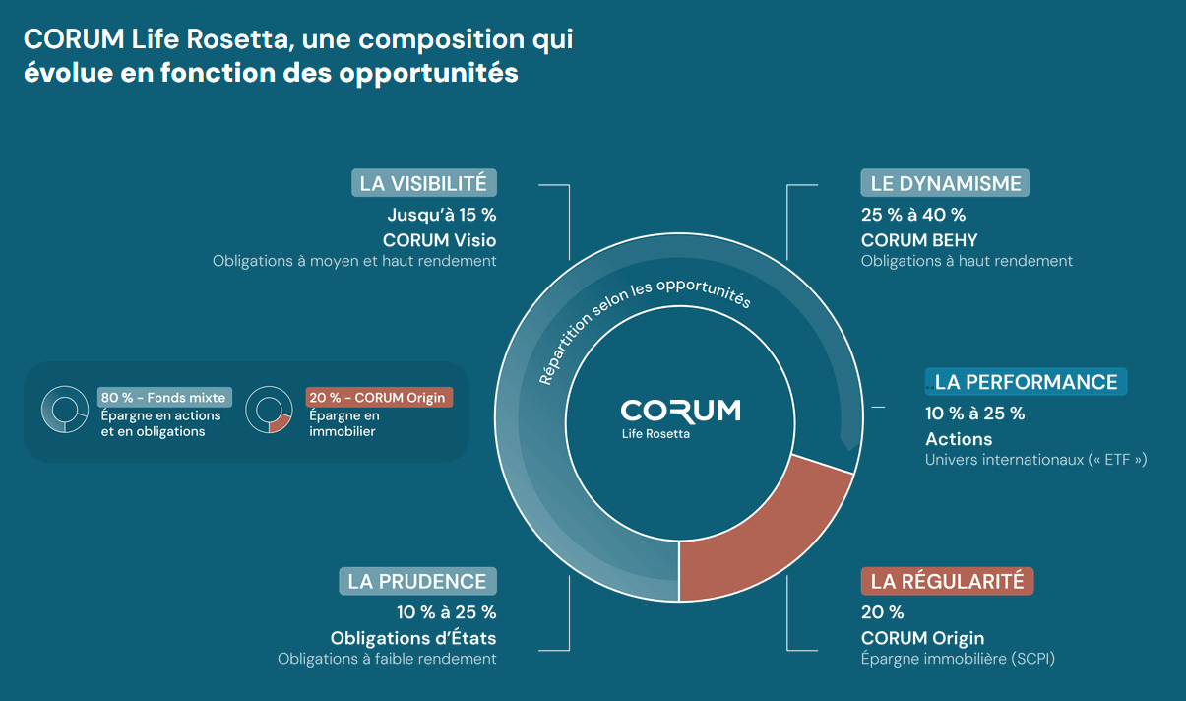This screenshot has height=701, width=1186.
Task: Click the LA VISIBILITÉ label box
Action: (424, 183)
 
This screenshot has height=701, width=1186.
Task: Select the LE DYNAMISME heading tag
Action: (945, 183)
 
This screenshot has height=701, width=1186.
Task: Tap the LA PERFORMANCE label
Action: (1026, 382)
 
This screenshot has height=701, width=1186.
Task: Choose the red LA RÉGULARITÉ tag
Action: (947, 581)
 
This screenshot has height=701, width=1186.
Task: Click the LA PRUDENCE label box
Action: (417, 581)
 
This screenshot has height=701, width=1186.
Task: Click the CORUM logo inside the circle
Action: (680, 410)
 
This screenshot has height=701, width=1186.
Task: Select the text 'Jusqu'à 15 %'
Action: (441, 215)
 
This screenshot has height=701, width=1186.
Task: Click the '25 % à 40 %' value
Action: (912, 215)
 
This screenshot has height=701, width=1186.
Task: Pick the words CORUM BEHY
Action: (918, 240)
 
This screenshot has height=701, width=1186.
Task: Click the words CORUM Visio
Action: (439, 240)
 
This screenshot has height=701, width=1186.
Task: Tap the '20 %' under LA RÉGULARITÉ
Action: (882, 612)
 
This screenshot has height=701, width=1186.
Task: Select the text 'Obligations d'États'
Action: (413, 638)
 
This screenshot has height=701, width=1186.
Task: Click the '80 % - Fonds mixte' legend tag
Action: (164, 398)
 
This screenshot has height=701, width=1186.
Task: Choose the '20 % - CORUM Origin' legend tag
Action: (379, 398)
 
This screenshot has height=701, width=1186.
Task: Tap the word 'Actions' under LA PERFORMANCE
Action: (959, 439)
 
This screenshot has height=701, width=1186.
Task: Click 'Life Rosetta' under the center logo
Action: (655, 434)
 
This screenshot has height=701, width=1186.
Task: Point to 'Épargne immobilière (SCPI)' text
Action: (957, 659)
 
